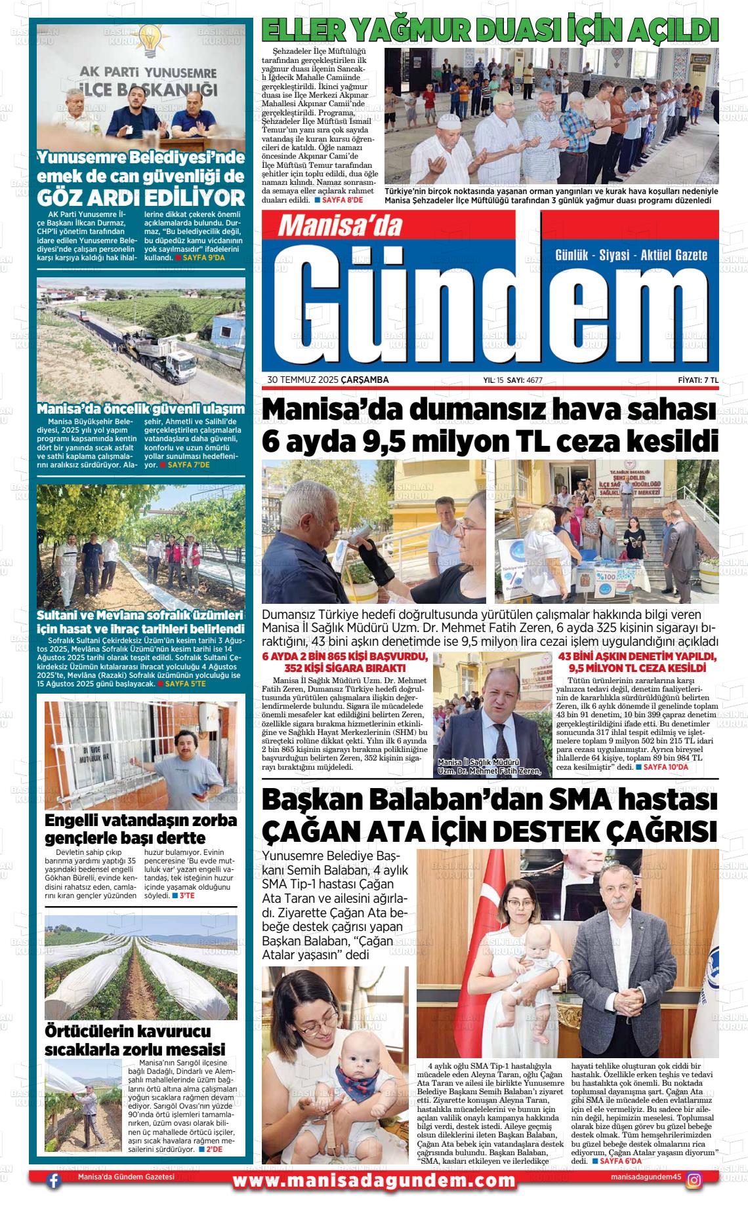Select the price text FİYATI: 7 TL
click(698, 380)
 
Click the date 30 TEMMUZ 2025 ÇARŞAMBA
click(328, 380)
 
